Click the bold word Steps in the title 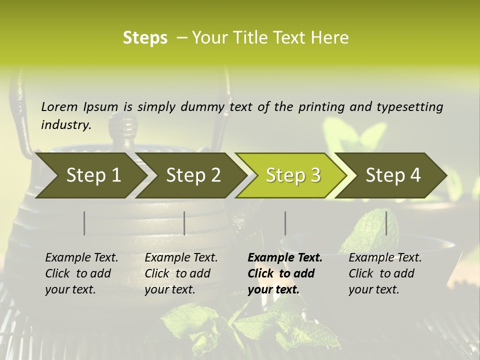[145, 38]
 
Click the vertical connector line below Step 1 [84, 223]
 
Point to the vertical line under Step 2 [184, 223]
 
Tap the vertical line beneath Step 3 [285, 223]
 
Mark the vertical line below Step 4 [386, 223]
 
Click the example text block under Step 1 [81, 273]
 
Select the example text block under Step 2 [181, 273]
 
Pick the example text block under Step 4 [385, 273]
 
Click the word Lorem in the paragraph [59, 107]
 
